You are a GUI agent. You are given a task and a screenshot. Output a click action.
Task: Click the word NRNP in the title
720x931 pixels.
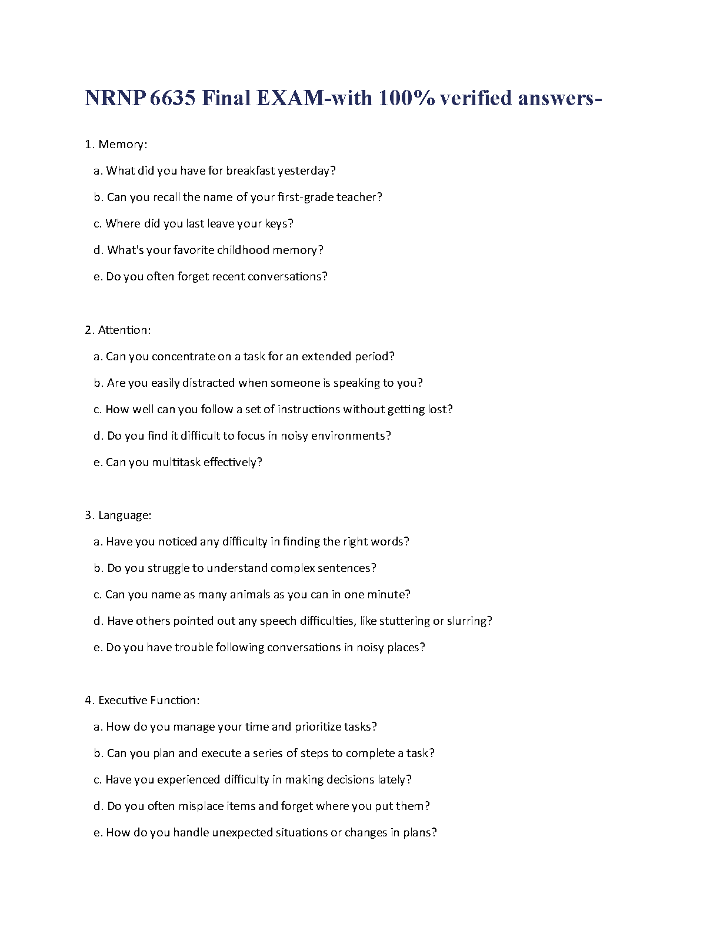(115, 98)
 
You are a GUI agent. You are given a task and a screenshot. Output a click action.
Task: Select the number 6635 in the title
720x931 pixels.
(172, 98)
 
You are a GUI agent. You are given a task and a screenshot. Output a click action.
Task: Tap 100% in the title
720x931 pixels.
(406, 98)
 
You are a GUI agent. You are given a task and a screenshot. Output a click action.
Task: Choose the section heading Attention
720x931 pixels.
(124, 330)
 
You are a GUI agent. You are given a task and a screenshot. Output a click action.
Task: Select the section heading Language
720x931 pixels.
(124, 515)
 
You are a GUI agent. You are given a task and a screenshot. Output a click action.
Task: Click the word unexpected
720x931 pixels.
(241, 833)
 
